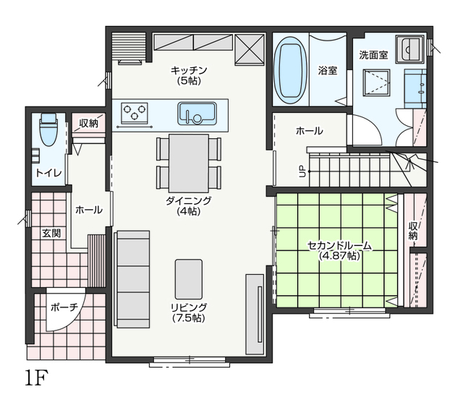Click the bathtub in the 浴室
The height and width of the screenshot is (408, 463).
coord(289,70)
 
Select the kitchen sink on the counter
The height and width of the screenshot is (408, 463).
coord(197,114)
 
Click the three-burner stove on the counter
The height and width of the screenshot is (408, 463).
coord(135,113)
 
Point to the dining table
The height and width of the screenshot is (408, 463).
coord(189,163)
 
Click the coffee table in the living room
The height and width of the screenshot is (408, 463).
coord(189,279)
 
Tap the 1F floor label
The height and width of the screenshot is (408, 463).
coord(36,378)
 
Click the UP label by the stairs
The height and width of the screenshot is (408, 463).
coord(302,171)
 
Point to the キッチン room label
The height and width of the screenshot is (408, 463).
coord(189,71)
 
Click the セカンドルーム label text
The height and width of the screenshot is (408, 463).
coord(339,246)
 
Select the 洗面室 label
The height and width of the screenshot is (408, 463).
coord(373,55)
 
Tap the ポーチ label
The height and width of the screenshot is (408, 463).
coord(64,307)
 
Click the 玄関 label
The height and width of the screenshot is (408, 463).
coord(51,233)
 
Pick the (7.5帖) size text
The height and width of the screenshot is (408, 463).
coord(189,318)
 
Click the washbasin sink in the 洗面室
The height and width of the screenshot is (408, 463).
coord(410,49)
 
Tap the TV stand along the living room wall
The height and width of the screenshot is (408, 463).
coord(255,314)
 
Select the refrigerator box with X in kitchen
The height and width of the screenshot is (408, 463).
coord(250,49)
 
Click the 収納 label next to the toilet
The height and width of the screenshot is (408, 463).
coord(89,124)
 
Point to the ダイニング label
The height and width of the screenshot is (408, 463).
coord(189,201)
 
